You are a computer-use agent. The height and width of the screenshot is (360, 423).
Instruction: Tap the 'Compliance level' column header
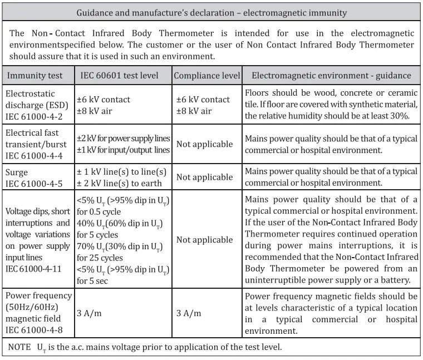[207, 76]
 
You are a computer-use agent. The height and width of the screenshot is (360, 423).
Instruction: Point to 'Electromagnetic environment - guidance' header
[331, 76]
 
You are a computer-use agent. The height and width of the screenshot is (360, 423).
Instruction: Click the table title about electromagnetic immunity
[211, 12]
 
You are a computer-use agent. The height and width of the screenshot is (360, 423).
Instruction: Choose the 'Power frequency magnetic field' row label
[38, 313]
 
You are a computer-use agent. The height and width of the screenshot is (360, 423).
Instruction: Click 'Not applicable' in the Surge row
[204, 177]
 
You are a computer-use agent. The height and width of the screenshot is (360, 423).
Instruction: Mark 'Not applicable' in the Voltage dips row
[204, 240]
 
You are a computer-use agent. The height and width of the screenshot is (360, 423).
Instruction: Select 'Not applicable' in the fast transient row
[204, 144]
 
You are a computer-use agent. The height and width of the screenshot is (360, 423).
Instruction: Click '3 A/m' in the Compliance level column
[189, 313]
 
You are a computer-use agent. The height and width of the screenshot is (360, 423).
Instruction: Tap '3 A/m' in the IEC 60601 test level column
[89, 313]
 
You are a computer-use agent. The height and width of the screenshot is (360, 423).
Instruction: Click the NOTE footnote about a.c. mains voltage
[145, 347]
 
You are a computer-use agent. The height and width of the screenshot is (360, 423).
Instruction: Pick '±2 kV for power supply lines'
[123, 139]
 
